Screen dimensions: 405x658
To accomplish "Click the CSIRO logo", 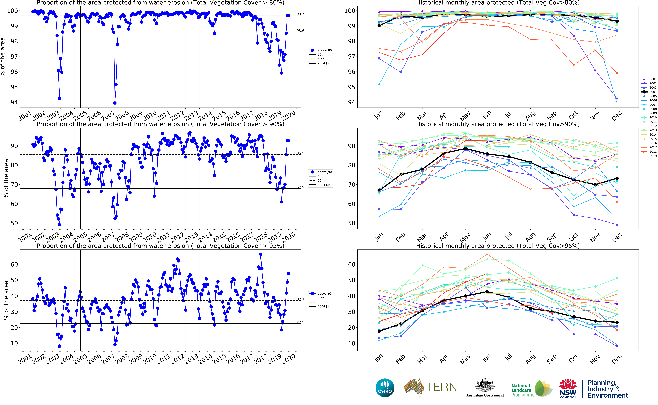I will pos(385,388).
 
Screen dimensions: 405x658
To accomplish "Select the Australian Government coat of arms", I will pos(485,386).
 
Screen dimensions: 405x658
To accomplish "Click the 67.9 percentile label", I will pos(300,187).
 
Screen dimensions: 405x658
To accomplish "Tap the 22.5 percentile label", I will pos(300,322).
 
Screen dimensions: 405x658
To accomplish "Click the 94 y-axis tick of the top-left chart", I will pos(14,102).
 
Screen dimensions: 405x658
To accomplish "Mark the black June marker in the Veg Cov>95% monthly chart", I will pos(487,292).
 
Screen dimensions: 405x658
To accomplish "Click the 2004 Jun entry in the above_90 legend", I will pos(324,185).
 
